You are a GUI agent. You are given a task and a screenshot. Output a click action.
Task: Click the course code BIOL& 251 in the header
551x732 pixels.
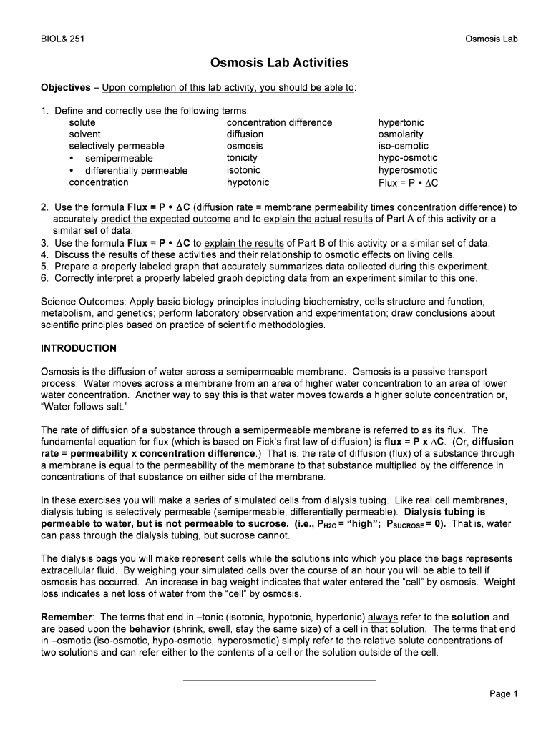pos(62,39)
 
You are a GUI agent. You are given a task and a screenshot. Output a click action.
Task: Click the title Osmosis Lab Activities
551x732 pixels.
pos(280,63)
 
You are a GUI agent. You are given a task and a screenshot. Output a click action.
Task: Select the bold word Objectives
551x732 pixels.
pos(65,87)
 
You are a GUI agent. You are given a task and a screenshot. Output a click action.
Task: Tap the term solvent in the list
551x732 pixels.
pos(84,134)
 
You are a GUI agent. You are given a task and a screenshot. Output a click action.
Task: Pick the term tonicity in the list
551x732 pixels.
pos(242,158)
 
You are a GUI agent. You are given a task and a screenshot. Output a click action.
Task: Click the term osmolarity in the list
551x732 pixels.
pos(401,134)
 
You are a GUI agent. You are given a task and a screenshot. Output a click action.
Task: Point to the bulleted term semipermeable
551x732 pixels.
pos(119,158)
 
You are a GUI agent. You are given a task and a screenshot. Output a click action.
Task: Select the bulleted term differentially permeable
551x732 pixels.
pos(136,170)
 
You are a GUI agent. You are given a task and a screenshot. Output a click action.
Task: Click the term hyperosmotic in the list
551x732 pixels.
pos(408,170)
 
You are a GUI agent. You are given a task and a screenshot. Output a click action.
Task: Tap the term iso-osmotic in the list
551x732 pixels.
pos(404,146)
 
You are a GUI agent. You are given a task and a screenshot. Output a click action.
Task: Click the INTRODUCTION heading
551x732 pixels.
pos(79,348)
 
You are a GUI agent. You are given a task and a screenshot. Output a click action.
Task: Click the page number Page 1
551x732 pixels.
pos(503,693)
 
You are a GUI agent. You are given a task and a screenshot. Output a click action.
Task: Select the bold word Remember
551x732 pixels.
pos(67,616)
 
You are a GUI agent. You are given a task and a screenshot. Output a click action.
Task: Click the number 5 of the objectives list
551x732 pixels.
pos(44,266)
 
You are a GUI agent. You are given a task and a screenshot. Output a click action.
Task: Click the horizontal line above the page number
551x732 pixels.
pos(279,680)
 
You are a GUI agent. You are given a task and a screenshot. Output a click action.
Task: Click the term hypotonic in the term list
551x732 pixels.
pos(248,182)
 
